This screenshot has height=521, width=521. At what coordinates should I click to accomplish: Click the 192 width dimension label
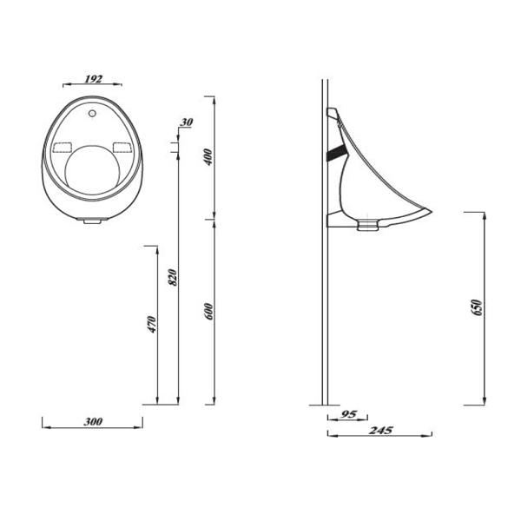point(93,78)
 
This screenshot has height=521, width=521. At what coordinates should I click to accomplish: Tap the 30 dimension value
point(186,122)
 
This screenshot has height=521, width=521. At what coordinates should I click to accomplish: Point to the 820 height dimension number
point(173,278)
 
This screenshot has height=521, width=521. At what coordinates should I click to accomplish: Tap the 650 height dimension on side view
point(476,308)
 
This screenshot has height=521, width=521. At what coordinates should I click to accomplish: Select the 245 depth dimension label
point(380,430)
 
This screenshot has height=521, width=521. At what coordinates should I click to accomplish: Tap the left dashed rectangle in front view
point(64,147)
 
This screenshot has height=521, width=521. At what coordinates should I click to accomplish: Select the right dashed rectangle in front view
point(122,147)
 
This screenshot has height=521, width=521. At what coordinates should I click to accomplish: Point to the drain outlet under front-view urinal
point(90,221)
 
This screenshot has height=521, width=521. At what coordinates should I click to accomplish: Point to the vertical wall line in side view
point(325,304)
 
